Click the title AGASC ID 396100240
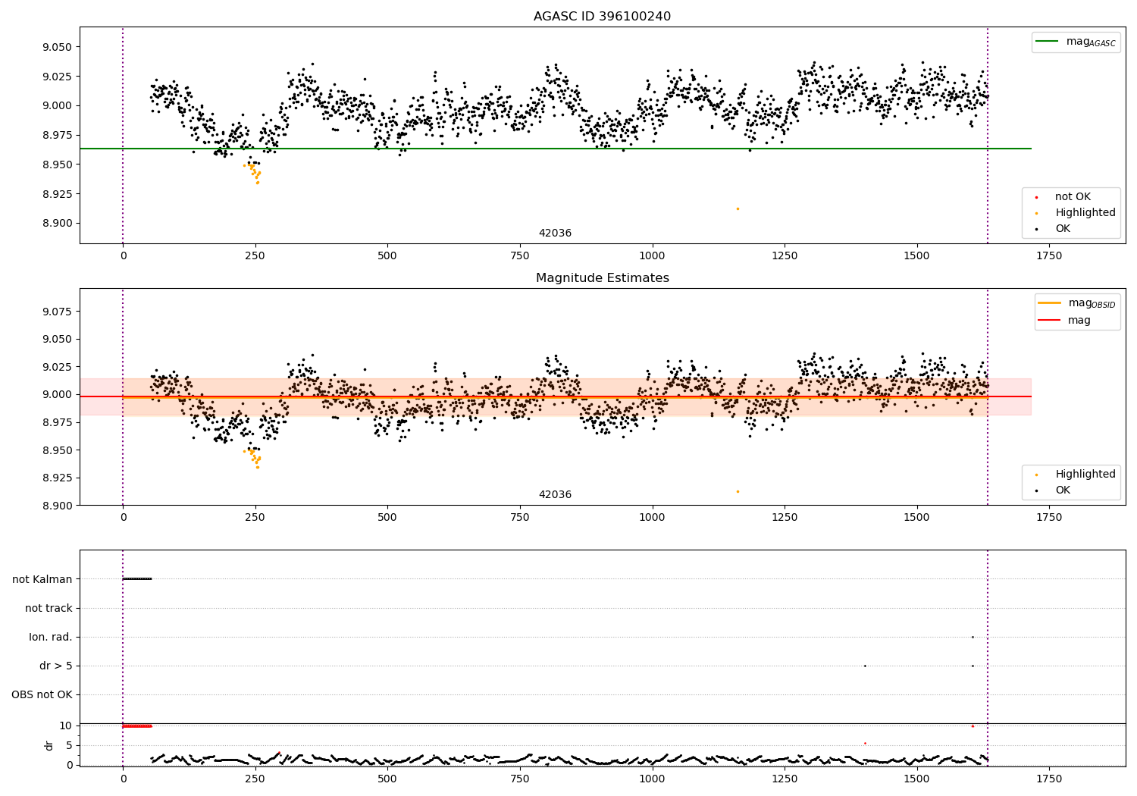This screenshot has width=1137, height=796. coord(602,17)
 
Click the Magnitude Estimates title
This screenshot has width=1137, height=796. coord(602,278)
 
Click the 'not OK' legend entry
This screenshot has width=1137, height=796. coord(1072,197)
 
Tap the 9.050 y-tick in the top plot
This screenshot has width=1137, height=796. coord(58,47)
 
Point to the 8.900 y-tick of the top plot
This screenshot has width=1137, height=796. coord(58,223)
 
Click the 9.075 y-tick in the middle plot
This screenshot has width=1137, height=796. coord(58,312)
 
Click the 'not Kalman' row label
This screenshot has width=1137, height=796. coord(42,579)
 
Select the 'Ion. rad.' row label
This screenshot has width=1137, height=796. coord(51,637)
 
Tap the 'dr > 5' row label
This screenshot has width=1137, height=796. coord(55,666)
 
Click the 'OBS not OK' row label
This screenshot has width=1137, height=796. coord(42,694)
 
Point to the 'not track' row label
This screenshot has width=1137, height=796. coord(49,608)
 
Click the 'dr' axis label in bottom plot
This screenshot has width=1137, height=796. coord(49,745)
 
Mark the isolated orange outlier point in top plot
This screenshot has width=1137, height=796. coord(738,208)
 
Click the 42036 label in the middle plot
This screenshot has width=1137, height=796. coord(555,494)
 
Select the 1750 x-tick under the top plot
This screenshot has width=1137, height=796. coord(1049,256)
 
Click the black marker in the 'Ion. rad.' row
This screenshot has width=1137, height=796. coord(973,637)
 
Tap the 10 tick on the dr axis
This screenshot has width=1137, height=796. coord(66,725)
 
